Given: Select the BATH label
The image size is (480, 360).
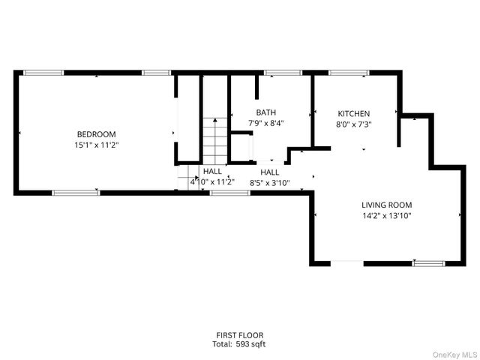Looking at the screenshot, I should pos(266,114).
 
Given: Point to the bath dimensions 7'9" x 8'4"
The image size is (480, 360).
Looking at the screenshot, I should pos(266,124).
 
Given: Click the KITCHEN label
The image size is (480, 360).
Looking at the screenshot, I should pos(353,114).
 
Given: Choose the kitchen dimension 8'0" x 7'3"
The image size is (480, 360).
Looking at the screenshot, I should pos(353,124).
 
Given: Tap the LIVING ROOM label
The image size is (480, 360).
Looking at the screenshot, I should pos(387,205).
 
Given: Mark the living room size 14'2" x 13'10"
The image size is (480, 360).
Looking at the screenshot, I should pos(387,215).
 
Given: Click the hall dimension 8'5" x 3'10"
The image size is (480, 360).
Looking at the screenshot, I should pos(270,181).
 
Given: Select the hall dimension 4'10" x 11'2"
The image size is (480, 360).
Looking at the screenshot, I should pos(212,181).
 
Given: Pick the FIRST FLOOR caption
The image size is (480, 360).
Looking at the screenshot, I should pos(239,335).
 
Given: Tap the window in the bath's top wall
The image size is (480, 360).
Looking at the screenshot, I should pos(279,73).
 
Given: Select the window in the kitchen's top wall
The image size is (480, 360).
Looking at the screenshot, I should pos(349,73).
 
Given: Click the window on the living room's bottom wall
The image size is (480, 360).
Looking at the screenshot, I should pos(427,262).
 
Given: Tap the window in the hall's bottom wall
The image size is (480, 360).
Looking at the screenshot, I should pos(229,193).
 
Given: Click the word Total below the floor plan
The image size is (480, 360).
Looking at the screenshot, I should pos(223,344).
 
